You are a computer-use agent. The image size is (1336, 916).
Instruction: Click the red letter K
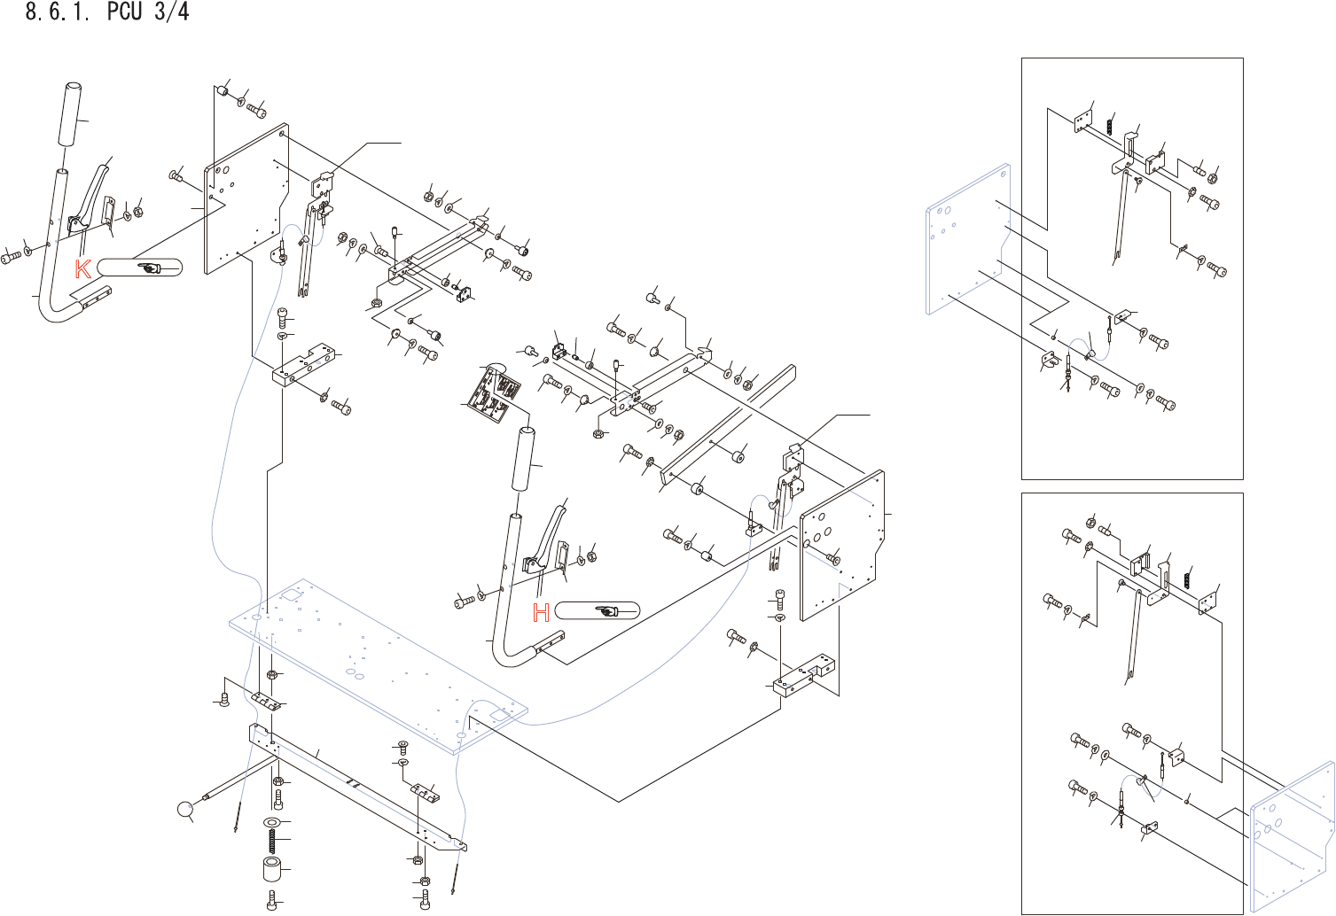82,268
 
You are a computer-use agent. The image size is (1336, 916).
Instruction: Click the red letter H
541,611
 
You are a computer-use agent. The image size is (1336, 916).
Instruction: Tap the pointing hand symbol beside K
149,268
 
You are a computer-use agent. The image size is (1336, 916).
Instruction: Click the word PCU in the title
123,12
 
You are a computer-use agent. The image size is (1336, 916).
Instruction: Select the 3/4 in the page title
171,12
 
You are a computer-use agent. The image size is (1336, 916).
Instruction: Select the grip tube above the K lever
71,114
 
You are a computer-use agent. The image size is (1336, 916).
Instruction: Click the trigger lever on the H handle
549,536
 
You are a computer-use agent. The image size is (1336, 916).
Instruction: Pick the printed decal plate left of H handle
492,392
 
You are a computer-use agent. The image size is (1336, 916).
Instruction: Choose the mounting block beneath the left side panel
305,366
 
